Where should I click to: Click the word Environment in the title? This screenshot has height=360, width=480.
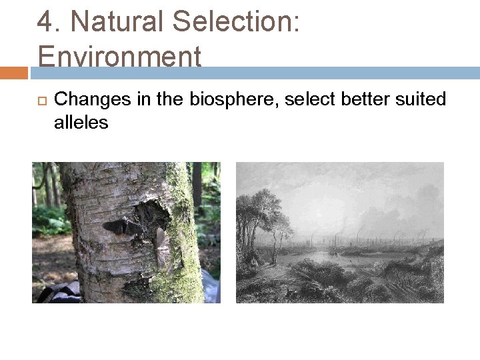tap(120, 56)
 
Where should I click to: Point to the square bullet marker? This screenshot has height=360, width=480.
tap(39, 100)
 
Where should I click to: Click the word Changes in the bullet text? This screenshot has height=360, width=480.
tap(85, 99)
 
